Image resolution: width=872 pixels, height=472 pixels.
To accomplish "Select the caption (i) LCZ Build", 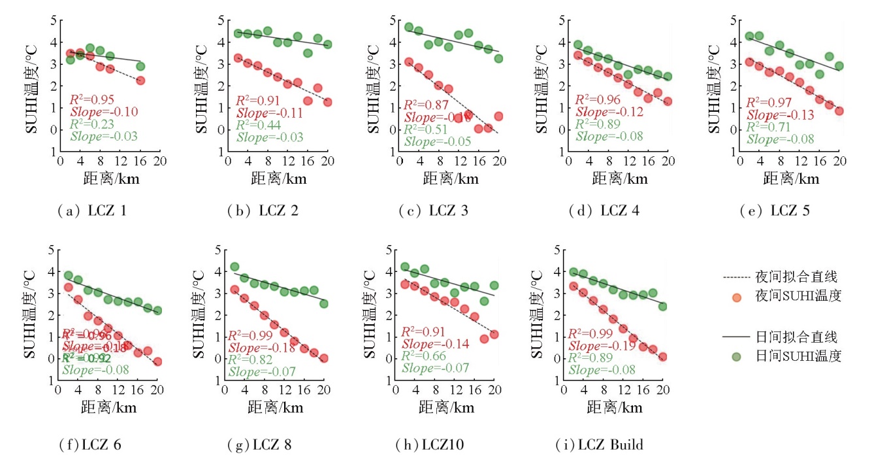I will [x=600, y=445].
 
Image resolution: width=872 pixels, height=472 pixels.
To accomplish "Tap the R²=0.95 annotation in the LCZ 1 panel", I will [x=92, y=100].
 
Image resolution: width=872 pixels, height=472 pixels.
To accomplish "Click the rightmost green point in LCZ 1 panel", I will [x=140, y=66].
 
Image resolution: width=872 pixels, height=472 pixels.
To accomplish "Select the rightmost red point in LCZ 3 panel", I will [x=498, y=116].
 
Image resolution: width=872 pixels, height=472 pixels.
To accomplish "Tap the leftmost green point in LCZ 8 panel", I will [x=234, y=267].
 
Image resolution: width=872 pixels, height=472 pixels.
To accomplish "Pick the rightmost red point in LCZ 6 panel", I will [x=157, y=362].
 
